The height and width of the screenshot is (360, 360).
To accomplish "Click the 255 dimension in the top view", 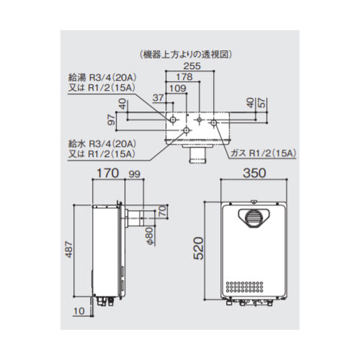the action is pos(192,66).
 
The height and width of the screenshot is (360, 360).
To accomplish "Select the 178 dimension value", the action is pos(184,77).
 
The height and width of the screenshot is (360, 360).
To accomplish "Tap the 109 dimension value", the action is pos(178,89).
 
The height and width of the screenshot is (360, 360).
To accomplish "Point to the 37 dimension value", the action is pos(158,98).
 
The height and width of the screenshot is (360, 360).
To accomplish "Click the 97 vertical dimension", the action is pos(112,120).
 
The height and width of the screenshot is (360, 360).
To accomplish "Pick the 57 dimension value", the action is pos(263,102).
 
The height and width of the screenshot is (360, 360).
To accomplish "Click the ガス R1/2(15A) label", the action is pos(264,153).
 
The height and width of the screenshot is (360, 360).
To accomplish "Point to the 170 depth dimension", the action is pos(108,173).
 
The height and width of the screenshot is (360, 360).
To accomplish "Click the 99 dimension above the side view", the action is pos(134,174).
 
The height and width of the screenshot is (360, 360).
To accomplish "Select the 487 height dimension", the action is pos(69,249).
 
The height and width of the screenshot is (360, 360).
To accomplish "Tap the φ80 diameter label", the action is pos(149,236).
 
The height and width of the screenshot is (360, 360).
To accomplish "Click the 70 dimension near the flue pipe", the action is pos(163,211).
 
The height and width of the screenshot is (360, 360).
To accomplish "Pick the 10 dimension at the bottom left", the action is pos(79,311).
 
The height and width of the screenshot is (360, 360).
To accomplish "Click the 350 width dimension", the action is pos(254,173).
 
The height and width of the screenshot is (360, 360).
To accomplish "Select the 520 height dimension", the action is pos(199,248).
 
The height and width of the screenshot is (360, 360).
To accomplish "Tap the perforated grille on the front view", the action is pos(244,287).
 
